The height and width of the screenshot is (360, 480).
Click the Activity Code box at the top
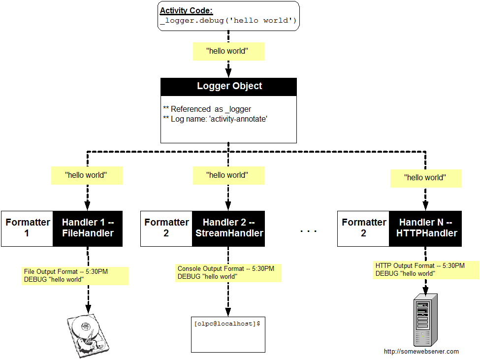tap(228, 16)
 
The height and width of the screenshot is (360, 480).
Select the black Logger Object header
tap(229, 86)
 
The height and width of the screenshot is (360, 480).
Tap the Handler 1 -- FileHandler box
tap(88, 228)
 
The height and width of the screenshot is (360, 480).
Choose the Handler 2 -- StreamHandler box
tap(228, 228)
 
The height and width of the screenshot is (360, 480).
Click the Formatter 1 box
tap(28, 228)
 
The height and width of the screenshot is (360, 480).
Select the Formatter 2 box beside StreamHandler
tap(166, 228)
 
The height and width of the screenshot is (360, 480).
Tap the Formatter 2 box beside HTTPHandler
tap(363, 228)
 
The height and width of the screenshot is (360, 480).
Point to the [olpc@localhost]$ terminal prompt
tap(227, 324)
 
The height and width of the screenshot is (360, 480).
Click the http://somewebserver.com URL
tap(421, 352)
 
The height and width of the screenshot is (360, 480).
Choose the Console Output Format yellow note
tap(229, 273)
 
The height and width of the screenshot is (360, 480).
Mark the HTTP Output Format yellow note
tap(425, 270)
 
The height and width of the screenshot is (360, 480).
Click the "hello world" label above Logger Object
tap(228, 51)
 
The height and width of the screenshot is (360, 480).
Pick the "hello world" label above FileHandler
tap(87, 175)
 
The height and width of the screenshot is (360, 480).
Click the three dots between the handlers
tap(309, 230)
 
